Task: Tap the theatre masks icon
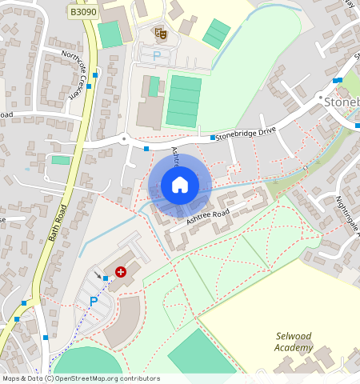pos(161,33)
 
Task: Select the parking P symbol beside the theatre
pos(157,56)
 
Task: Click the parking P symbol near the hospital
pos(94,302)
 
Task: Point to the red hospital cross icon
pos(121,272)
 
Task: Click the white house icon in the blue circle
pos(180,185)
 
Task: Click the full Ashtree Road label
pos(208,215)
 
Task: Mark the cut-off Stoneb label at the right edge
pos(342,102)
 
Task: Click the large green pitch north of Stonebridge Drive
pos(185,101)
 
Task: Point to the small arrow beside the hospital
pos(98,274)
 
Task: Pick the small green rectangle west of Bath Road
pos(60,160)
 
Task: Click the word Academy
pos(293,348)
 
